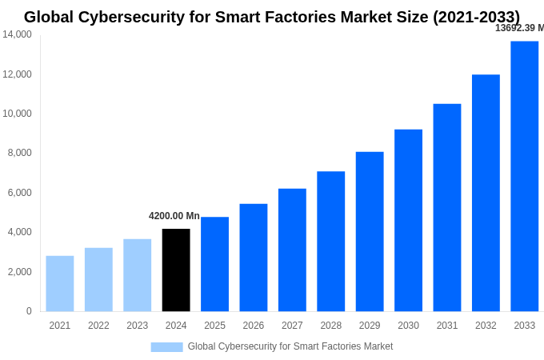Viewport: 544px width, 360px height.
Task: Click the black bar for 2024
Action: [176, 270]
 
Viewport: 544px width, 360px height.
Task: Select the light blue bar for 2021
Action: [60, 283]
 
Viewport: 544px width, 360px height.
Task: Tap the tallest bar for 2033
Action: [524, 176]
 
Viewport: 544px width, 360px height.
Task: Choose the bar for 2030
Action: [408, 220]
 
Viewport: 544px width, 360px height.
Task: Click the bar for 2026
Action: [254, 257]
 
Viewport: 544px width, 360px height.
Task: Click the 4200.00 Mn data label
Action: [174, 216]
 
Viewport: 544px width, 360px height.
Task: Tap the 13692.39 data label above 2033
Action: [519, 28]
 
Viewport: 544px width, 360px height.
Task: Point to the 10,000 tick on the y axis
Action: [17, 114]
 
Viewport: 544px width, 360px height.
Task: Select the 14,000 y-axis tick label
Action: [17, 34]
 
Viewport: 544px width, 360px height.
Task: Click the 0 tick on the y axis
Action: [29, 311]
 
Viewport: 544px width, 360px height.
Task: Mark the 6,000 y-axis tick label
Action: [19, 193]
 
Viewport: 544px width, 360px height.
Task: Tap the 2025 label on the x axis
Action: [214, 326]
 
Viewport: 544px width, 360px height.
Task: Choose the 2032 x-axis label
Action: [486, 326]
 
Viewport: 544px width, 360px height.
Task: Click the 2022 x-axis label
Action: [98, 326]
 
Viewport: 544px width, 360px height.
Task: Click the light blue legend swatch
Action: [166, 346]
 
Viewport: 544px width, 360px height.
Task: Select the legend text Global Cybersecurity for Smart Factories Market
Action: [290, 346]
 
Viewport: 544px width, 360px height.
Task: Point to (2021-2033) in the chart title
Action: [476, 17]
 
